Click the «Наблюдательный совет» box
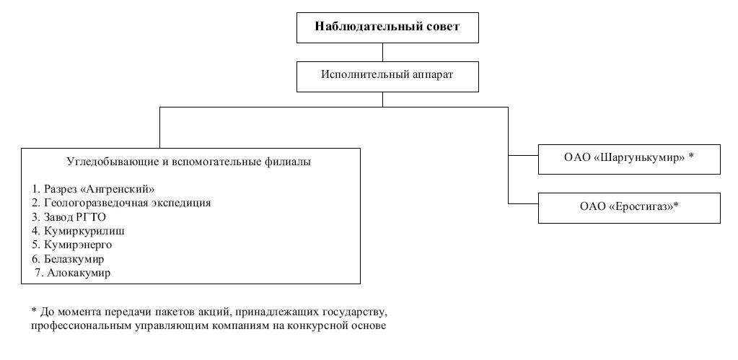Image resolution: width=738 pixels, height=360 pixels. click(387, 28)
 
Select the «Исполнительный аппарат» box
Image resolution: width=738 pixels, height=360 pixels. click(387, 75)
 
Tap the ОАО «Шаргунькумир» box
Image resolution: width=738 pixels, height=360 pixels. click(629, 159)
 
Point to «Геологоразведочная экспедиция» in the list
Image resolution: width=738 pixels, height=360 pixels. click(116, 203)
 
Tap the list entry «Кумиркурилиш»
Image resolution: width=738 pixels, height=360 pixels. click(79, 231)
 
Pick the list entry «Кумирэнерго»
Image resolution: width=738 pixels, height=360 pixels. click(76, 245)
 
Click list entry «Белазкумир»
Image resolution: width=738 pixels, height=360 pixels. click(73, 259)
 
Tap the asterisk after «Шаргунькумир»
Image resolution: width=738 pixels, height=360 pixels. click(691, 157)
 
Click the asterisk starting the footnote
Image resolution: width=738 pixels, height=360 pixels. click(33, 312)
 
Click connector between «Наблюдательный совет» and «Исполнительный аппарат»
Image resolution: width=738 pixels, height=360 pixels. click(383, 52)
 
